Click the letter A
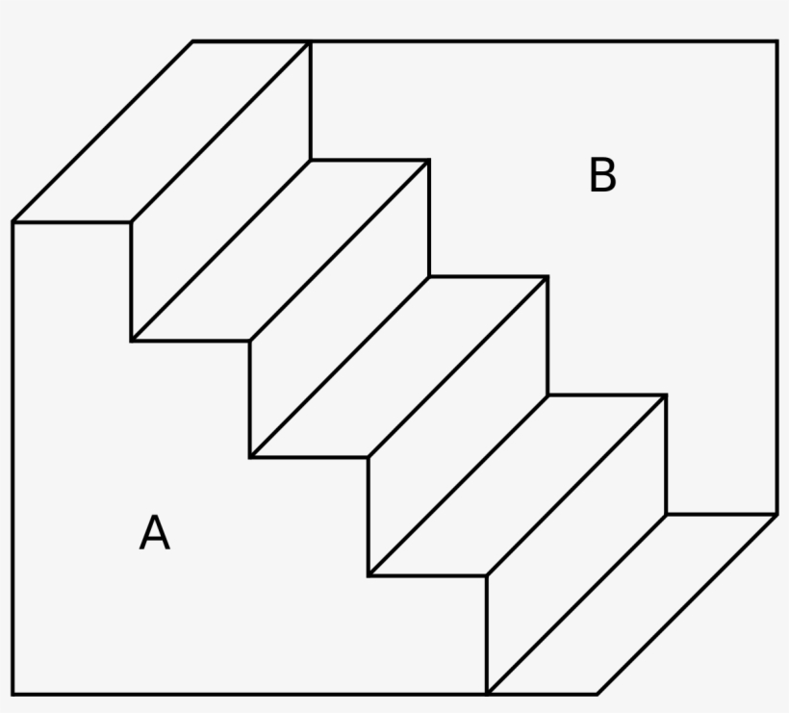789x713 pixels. tap(154, 533)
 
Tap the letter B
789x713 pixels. tap(602, 176)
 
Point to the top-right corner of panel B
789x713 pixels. tap(776, 41)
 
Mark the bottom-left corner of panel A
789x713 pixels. tap(13, 694)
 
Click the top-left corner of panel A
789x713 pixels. tap(13, 222)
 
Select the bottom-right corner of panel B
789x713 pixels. tap(776, 514)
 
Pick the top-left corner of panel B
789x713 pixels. tap(311, 41)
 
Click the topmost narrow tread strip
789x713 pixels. tap(162, 132)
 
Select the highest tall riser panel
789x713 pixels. tap(220, 191)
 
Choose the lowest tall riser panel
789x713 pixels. tap(575, 544)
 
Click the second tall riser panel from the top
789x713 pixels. tap(339, 309)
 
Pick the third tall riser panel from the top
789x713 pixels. tap(457, 426)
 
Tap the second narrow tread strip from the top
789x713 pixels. tap(280, 250)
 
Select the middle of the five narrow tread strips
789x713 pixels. tap(398, 368)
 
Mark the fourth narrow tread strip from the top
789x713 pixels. tap(517, 485)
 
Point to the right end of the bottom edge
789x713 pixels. tap(598, 694)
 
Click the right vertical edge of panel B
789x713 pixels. tap(776, 279)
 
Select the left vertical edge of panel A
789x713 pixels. tap(13, 458)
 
